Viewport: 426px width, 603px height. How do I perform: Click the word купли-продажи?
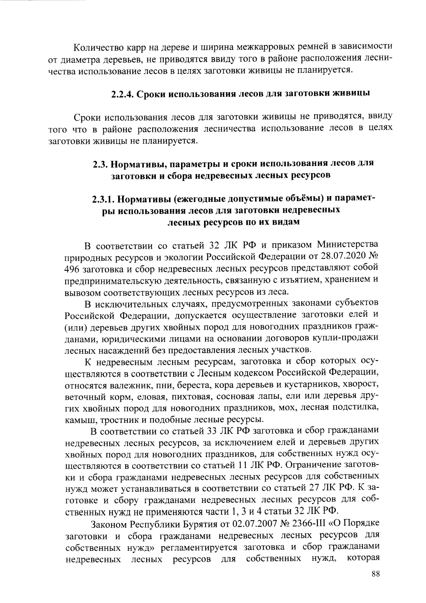pos(346,338)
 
